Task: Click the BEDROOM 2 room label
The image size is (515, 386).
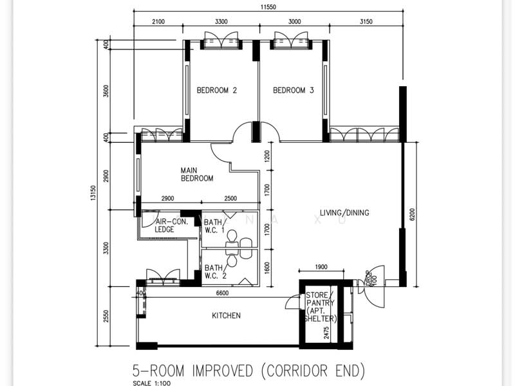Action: point(217,90)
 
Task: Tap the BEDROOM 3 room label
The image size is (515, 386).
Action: point(294,90)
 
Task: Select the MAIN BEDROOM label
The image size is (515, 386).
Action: point(197,174)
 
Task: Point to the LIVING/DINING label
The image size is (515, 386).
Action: point(344,213)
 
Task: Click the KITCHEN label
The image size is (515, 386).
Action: point(226,315)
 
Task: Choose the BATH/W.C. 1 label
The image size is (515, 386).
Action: point(214,226)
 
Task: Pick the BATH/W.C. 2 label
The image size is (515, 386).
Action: point(216,271)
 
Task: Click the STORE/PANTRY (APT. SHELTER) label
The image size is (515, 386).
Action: point(320,307)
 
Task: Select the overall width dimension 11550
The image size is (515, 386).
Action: point(268,7)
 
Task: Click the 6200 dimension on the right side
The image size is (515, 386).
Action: point(413,214)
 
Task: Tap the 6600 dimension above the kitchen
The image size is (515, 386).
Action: point(222,293)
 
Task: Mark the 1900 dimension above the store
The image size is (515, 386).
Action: point(321,267)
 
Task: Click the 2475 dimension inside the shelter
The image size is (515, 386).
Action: point(326,333)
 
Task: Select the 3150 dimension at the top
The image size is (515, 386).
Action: point(366,22)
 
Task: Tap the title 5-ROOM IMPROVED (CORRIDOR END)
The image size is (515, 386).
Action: point(248,371)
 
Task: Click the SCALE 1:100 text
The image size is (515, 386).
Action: point(152,383)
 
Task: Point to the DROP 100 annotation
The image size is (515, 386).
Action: point(371,278)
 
